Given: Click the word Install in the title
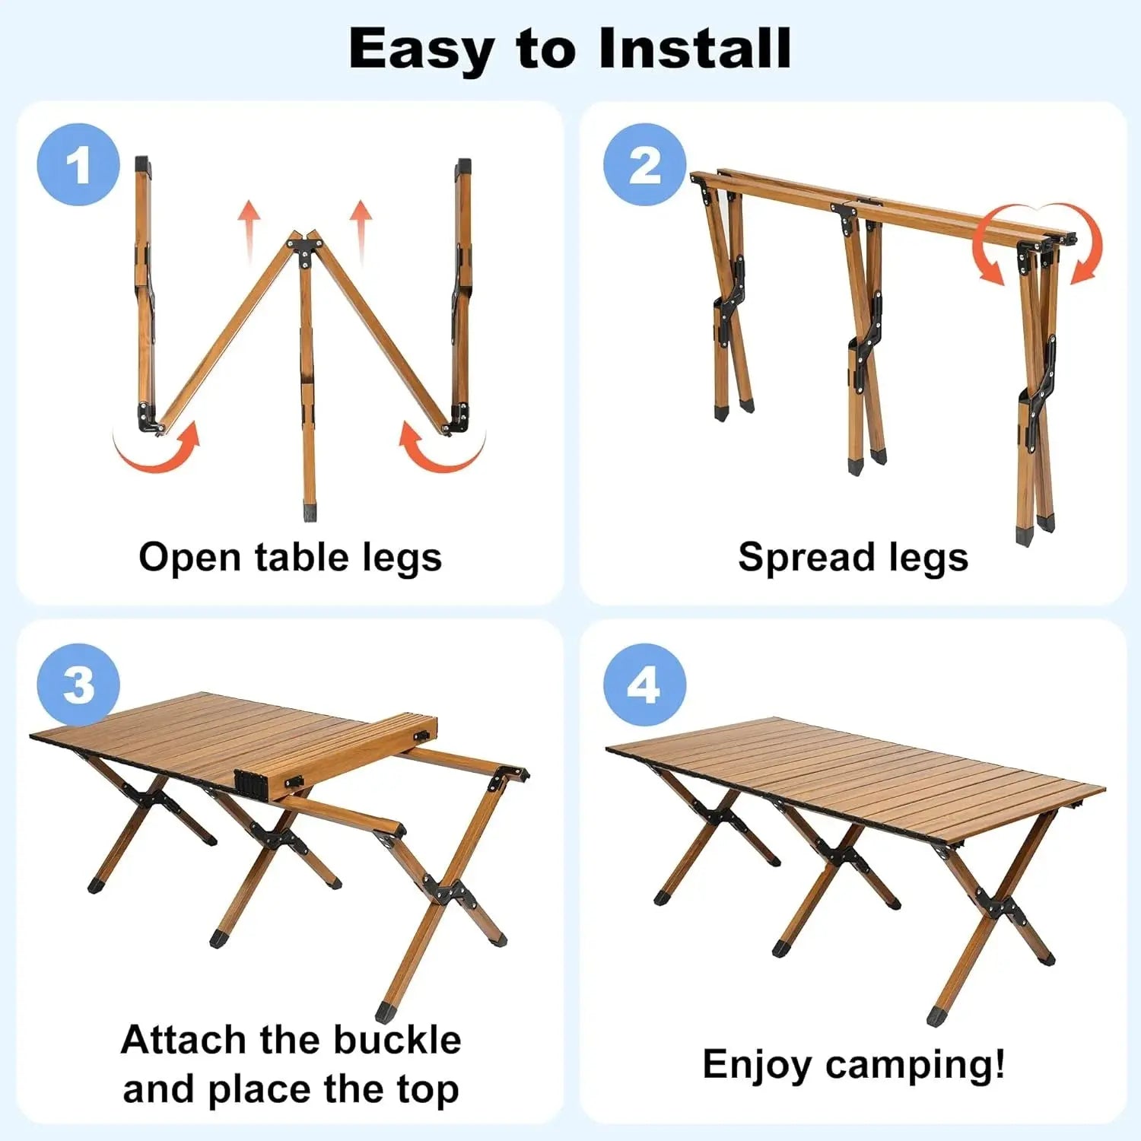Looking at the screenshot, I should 694,49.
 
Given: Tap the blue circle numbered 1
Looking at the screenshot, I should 78,165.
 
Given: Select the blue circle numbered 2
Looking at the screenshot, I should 644,165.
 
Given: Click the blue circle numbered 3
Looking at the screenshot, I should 78,685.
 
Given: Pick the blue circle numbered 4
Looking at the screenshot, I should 644,685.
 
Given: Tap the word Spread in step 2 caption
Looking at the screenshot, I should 797,558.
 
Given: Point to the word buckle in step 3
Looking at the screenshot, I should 397,1039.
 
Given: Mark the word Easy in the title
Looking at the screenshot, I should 420,49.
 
